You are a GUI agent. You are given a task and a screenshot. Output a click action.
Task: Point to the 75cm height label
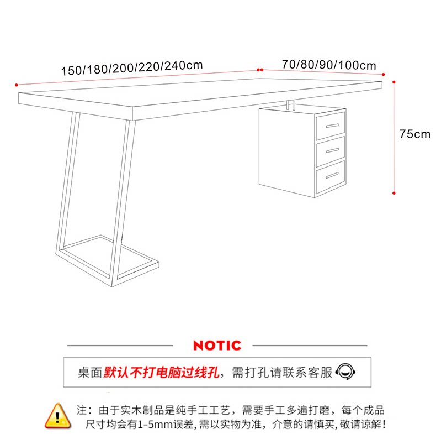pos(414,134)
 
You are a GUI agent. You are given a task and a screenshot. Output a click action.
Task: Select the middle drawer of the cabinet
pos(331,149)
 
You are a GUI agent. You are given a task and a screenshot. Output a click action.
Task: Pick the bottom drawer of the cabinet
pos(331,175)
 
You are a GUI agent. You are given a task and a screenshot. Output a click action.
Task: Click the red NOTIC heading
pos(217,346)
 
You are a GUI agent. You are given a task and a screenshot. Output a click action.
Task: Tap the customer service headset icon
pos(345,371)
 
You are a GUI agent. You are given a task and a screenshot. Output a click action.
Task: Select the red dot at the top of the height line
pos(394,81)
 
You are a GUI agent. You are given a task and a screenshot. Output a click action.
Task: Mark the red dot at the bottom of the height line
pos(394,193)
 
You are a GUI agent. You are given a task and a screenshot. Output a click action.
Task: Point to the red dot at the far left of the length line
pos(17,85)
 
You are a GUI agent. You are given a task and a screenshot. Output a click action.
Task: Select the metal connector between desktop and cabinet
pos(290,104)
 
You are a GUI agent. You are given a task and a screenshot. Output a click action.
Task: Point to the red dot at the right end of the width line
pos(383,72)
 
